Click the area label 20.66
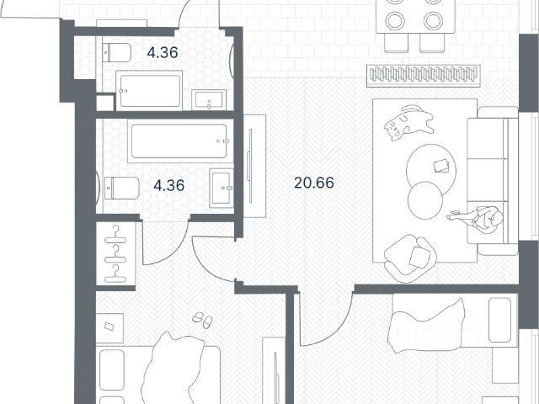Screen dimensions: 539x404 314,183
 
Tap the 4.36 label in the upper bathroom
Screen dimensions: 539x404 163,52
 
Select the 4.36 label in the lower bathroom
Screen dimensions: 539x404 168,185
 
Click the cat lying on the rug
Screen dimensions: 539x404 408,123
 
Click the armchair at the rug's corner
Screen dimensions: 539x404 410,258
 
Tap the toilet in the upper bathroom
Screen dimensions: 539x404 117,52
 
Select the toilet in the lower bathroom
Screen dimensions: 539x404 121,188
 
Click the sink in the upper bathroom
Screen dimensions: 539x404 209,99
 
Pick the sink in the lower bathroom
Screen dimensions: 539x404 221,188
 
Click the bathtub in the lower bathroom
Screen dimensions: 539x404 179,141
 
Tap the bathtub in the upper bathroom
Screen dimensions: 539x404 149,91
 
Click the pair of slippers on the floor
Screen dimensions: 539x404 202,320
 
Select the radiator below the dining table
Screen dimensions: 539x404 423,75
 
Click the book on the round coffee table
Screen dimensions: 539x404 441,166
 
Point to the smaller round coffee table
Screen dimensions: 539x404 425,200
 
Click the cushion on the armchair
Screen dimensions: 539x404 420,256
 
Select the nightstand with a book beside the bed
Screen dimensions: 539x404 109,327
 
